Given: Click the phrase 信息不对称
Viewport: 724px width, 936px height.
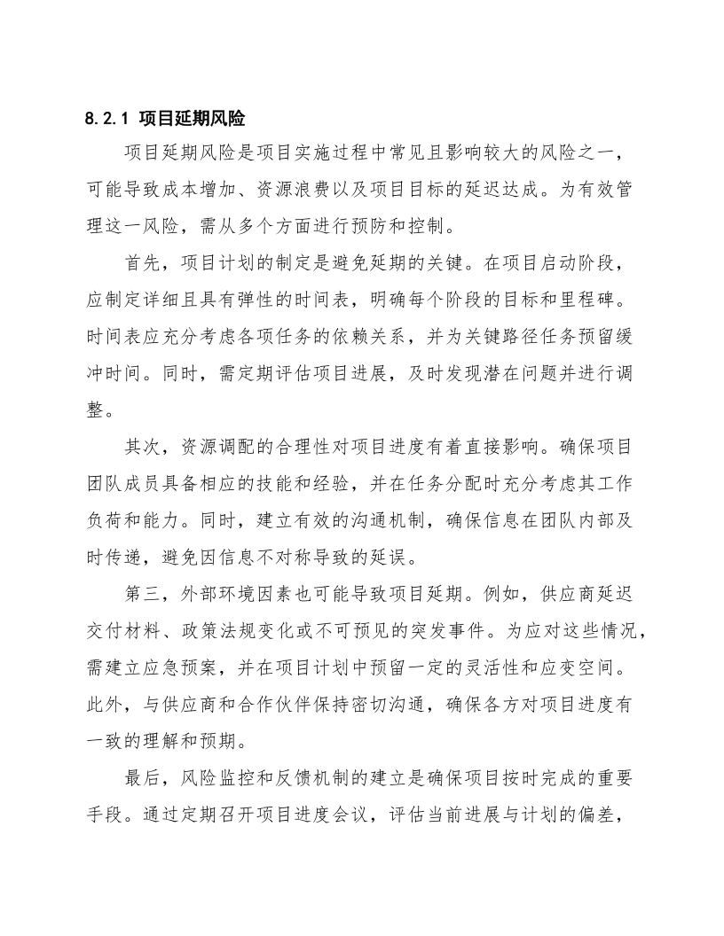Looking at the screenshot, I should (274, 558).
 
